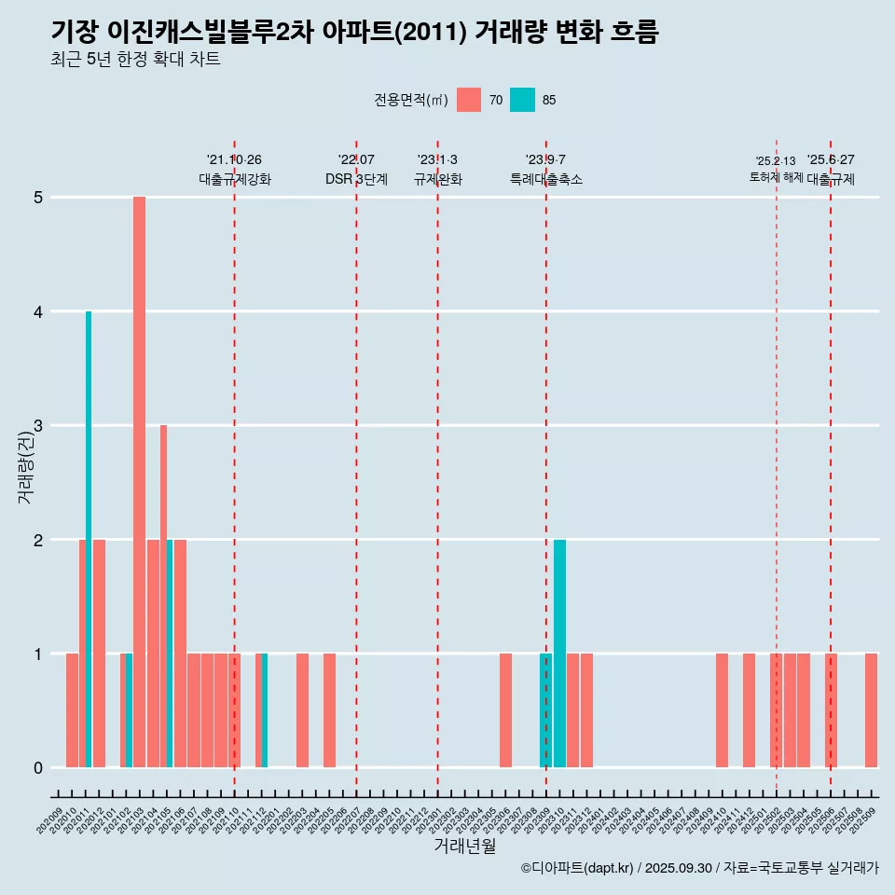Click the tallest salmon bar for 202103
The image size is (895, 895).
[x=139, y=482]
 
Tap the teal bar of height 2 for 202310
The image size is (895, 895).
[x=559, y=653]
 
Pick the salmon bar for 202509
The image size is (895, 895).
[x=871, y=710]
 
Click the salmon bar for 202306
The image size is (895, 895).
[x=505, y=710]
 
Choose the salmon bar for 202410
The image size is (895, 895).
[x=722, y=710]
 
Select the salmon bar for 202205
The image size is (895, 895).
[x=329, y=710]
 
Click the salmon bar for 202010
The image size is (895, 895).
[x=72, y=710]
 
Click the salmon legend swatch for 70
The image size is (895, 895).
[x=469, y=100]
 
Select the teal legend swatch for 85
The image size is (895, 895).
[x=522, y=100]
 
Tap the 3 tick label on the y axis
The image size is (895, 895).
[x=38, y=426]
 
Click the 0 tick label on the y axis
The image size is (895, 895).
[x=38, y=768]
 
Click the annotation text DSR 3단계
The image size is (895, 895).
[x=356, y=179]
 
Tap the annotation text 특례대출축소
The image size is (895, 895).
[x=546, y=179]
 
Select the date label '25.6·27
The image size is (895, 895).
[x=831, y=159]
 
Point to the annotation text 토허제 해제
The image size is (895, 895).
[x=776, y=177]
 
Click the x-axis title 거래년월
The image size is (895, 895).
[x=464, y=846]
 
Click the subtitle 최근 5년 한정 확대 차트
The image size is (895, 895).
[x=135, y=60]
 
